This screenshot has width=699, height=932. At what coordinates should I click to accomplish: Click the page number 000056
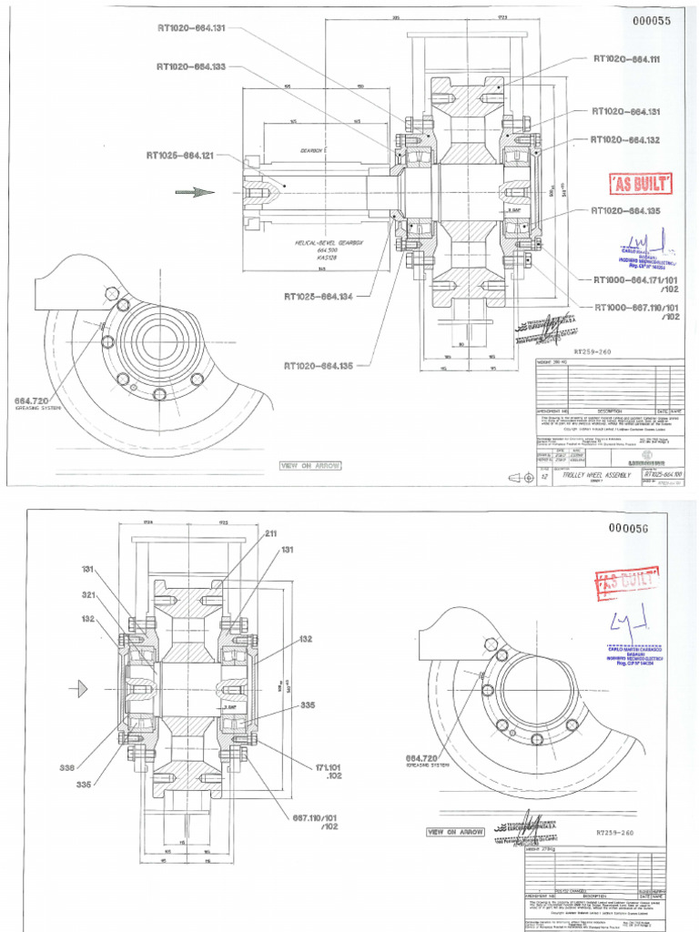click(643, 529)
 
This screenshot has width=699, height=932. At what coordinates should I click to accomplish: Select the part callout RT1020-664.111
click(626, 59)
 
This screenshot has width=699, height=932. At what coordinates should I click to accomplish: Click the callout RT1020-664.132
click(626, 140)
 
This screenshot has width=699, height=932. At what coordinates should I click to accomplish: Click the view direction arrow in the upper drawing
click(194, 191)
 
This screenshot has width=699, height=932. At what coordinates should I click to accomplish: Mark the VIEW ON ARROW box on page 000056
click(457, 832)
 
